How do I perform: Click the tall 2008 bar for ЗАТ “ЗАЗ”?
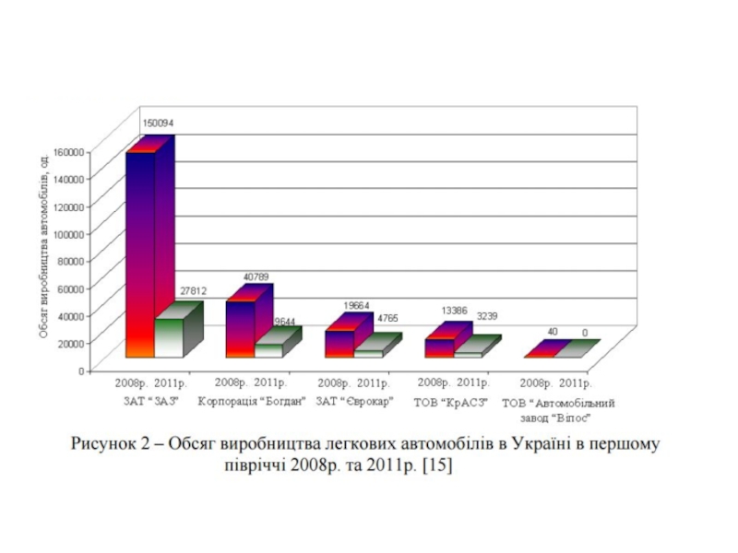140,253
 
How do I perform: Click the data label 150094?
156,123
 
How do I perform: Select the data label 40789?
256,276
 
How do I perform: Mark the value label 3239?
487,316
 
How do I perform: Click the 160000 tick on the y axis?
69,150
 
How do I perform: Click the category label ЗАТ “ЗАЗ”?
148,402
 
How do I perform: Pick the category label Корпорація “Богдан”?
251,402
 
